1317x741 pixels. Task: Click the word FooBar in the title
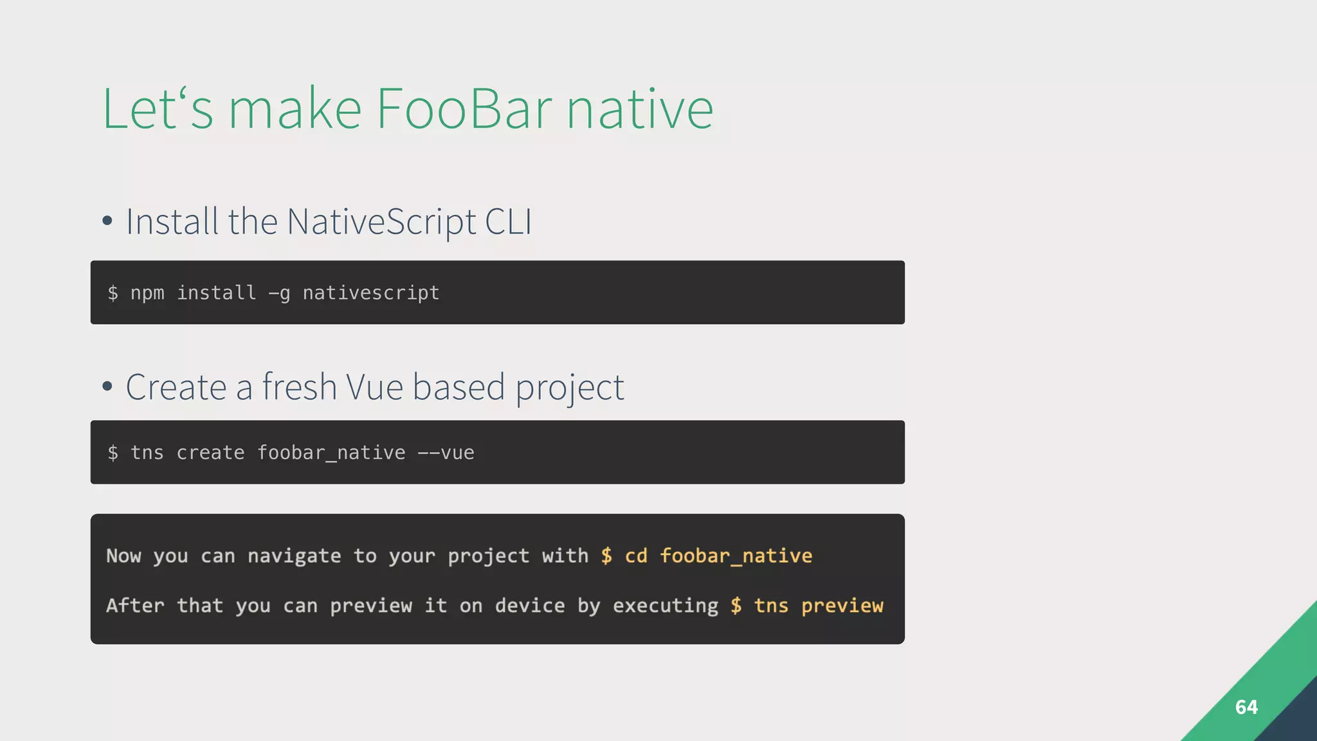[463, 109]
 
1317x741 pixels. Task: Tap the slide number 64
[1246, 707]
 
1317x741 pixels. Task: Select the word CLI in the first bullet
[508, 222]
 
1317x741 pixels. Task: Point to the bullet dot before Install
[107, 221]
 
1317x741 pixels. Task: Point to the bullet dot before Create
[107, 387]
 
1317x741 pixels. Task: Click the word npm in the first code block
[147, 293]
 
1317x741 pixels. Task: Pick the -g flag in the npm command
[279, 293]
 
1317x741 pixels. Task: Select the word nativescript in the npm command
[371, 293]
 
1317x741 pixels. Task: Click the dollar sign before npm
[113, 293]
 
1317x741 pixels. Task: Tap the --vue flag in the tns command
[446, 453]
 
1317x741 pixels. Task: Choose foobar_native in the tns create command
[331, 453]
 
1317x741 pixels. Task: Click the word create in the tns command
[210, 453]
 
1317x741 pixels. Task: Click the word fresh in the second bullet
[299, 387]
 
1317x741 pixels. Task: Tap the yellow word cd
[636, 556]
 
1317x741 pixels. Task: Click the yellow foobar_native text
[736, 556]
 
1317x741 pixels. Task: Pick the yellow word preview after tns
[842, 606]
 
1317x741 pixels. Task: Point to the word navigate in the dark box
[294, 556]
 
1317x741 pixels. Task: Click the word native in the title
[639, 109]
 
